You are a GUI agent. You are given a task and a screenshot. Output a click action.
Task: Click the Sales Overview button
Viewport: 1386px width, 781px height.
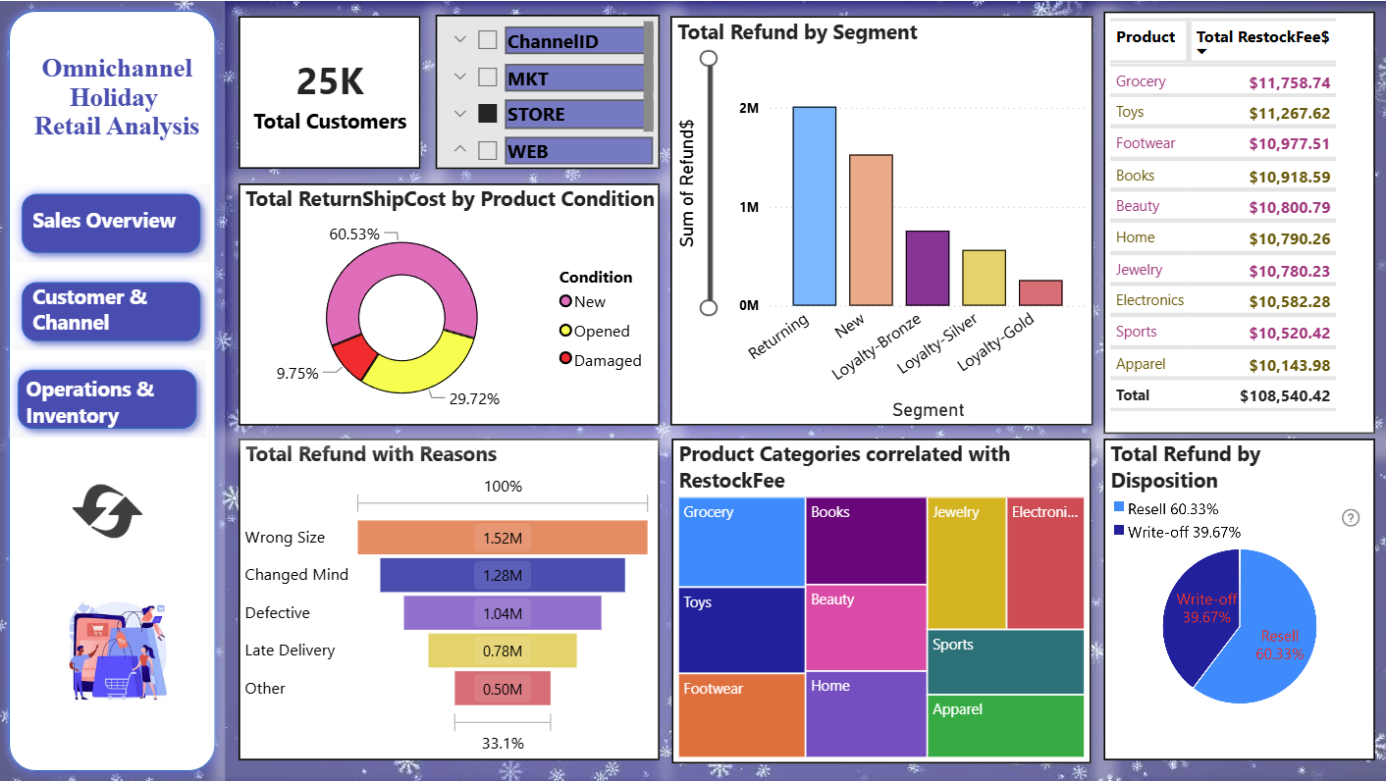tap(111, 223)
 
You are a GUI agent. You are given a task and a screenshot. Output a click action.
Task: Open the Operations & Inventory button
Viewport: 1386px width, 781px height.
tap(108, 400)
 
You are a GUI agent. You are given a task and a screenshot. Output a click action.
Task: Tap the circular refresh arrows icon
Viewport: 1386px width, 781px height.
tap(108, 511)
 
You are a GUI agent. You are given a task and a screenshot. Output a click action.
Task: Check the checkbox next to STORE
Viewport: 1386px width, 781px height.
tap(488, 113)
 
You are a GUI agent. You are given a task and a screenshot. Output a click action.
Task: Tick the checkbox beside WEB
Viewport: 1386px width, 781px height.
tap(488, 150)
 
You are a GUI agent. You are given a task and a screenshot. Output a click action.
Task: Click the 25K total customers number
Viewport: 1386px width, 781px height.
tap(331, 81)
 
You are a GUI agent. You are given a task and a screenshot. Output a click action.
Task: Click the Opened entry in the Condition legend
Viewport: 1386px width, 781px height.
tap(594, 331)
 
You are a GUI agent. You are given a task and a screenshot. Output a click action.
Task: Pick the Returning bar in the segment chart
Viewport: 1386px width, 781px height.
tap(815, 206)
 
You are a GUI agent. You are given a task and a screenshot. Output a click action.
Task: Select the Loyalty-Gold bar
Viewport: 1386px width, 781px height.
tap(1040, 292)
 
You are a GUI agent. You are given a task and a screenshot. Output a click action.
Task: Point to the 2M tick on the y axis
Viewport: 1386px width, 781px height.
tap(749, 108)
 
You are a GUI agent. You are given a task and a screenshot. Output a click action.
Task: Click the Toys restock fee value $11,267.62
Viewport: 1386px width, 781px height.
tap(1289, 113)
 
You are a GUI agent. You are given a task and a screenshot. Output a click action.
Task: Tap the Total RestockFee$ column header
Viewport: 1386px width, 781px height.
tap(1262, 37)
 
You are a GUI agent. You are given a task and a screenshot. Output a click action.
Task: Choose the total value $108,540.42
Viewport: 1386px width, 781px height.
tap(1285, 395)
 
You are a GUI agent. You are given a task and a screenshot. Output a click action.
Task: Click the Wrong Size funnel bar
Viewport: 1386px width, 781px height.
tap(503, 538)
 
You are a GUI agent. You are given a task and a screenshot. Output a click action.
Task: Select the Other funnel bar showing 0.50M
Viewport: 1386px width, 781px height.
tap(503, 688)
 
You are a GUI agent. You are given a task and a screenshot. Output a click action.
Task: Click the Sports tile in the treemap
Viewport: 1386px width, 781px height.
tap(1005, 661)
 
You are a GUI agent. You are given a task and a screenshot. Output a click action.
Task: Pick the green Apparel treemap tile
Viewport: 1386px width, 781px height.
tap(1005, 726)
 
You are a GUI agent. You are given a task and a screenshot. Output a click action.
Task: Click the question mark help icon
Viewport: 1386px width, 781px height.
tap(1351, 518)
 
